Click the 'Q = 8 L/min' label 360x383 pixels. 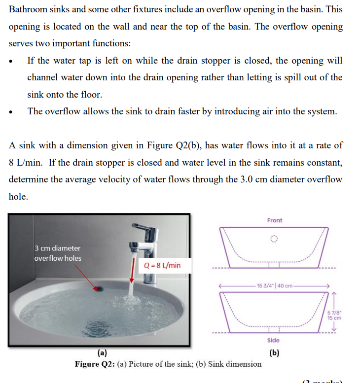tap(162, 265)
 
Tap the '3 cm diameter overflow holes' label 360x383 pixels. tap(58, 253)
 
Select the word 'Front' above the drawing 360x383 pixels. tap(275, 220)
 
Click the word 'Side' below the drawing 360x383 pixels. tap(273, 340)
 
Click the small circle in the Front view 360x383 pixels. tap(274, 239)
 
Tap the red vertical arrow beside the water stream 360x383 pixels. tap(135, 272)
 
